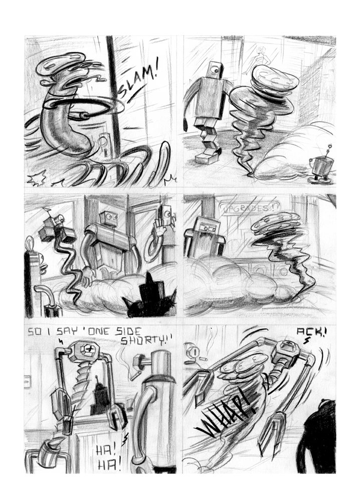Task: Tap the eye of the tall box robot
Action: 215,66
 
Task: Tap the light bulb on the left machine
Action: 30,244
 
